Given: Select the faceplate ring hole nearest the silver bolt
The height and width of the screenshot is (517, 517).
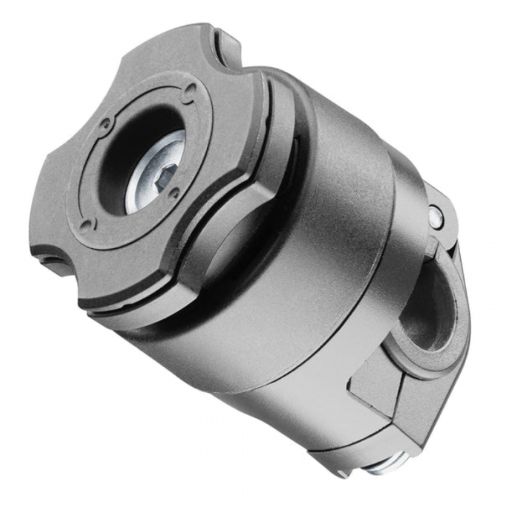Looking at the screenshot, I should (175, 194).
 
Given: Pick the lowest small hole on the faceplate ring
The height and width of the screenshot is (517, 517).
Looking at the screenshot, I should (88, 224).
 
